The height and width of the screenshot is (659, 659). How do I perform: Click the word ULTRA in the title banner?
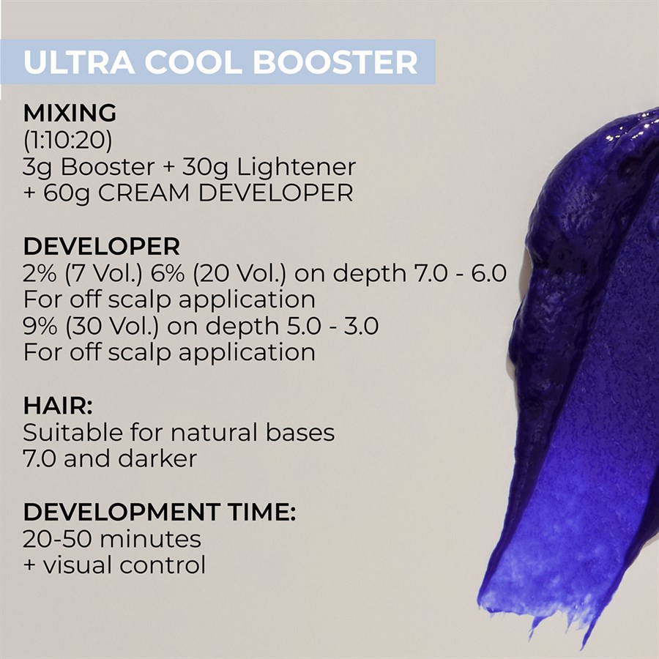79,62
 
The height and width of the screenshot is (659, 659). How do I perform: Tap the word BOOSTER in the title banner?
335,62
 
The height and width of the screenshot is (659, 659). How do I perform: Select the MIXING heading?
70,113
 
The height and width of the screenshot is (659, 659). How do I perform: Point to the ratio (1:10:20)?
67,140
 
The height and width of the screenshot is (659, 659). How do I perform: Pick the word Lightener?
297,167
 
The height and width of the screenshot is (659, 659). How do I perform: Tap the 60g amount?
66,194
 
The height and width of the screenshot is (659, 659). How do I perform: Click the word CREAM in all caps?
144,193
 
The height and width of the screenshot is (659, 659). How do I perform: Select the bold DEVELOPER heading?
102,246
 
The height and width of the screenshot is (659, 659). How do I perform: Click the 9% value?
40,326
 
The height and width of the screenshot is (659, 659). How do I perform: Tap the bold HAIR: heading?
58,406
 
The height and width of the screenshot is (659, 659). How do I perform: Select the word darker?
157,458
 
